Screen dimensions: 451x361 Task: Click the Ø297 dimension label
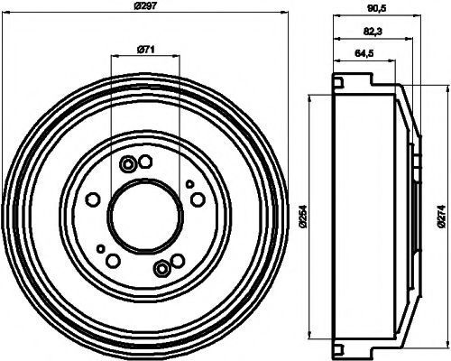(x=145, y=5)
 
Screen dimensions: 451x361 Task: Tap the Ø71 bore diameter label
(x=145, y=49)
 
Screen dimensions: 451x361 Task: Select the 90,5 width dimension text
(x=376, y=10)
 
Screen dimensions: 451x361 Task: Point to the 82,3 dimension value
(x=373, y=32)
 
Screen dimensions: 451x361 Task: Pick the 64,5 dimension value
(x=364, y=53)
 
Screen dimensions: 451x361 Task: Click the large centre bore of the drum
(x=145, y=216)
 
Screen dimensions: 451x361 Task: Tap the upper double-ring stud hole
(x=127, y=164)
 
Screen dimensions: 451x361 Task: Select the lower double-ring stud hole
(x=161, y=268)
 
